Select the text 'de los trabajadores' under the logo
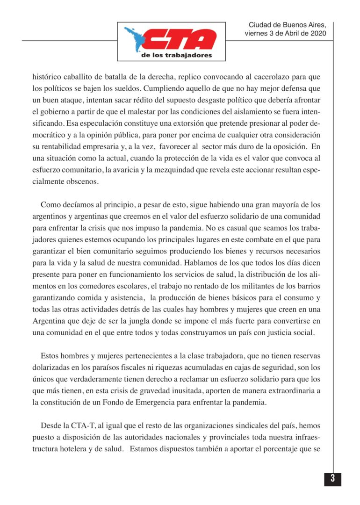pos(176,55)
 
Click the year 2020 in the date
pos(316,34)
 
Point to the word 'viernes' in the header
pos(257,34)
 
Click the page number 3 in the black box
pos(332,479)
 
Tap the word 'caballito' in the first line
pos(76,76)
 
